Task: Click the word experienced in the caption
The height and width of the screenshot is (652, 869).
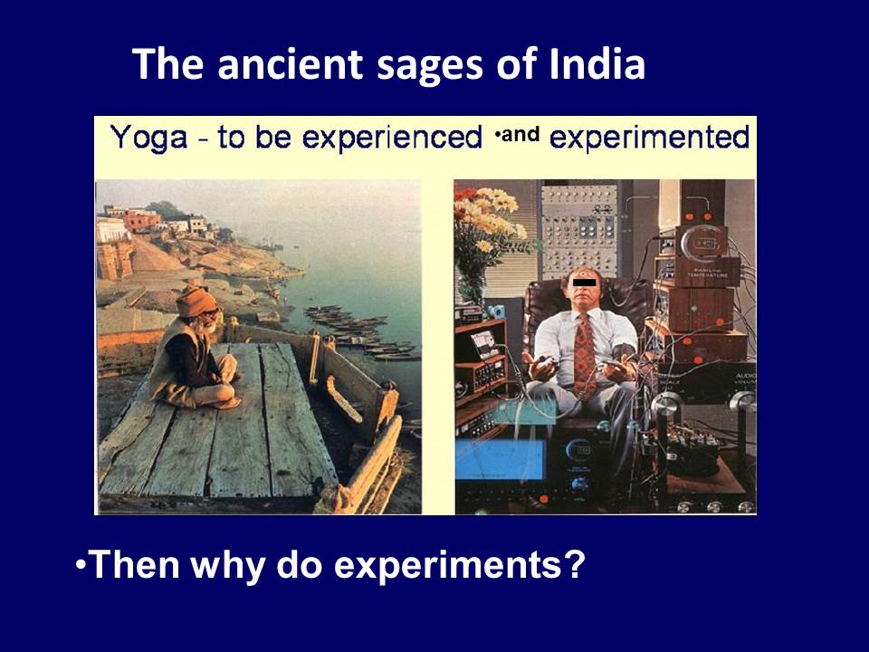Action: tap(392, 139)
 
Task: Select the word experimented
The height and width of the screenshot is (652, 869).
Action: tap(650, 139)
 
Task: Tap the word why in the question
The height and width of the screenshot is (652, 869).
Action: tap(223, 566)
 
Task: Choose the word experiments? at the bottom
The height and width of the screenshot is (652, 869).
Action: tap(460, 566)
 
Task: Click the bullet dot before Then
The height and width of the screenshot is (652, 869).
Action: tap(81, 564)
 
